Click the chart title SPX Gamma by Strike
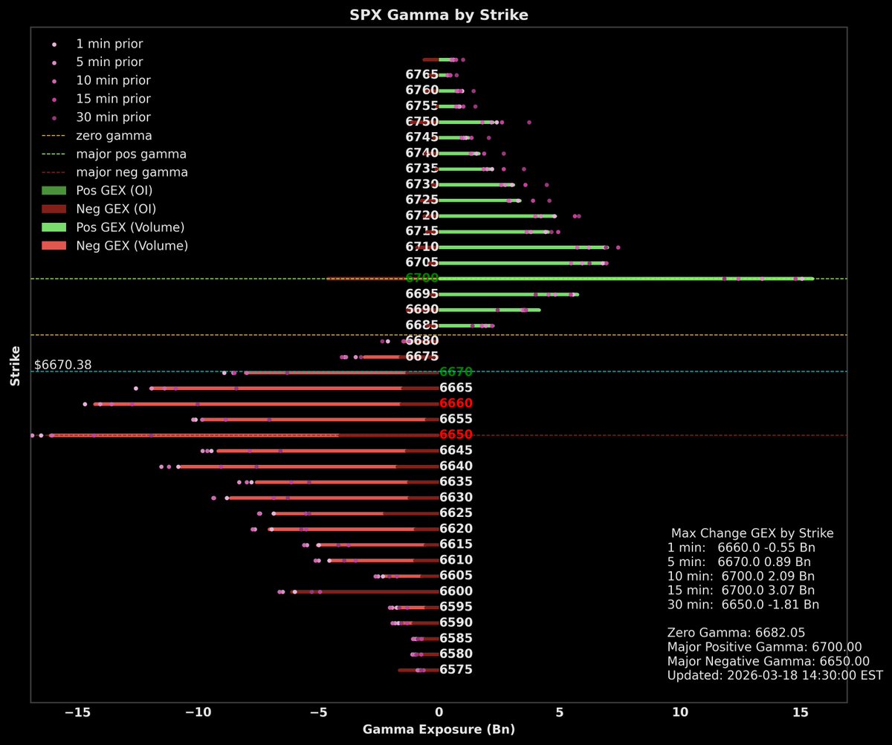[x=439, y=15]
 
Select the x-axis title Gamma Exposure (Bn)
[x=439, y=729]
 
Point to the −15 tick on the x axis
[x=77, y=712]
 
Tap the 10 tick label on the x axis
[x=679, y=712]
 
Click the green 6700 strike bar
[x=624, y=279]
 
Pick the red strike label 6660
[x=456, y=403]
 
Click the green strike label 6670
[x=456, y=372]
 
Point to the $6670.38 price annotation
[x=62, y=365]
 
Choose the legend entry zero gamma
[x=113, y=136]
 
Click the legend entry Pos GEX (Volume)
[x=129, y=227]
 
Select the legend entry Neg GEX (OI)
[x=115, y=209]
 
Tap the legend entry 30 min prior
[x=112, y=117]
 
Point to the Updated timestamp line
[x=775, y=675]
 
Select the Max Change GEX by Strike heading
[x=752, y=533]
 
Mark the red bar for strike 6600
[x=364, y=592]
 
